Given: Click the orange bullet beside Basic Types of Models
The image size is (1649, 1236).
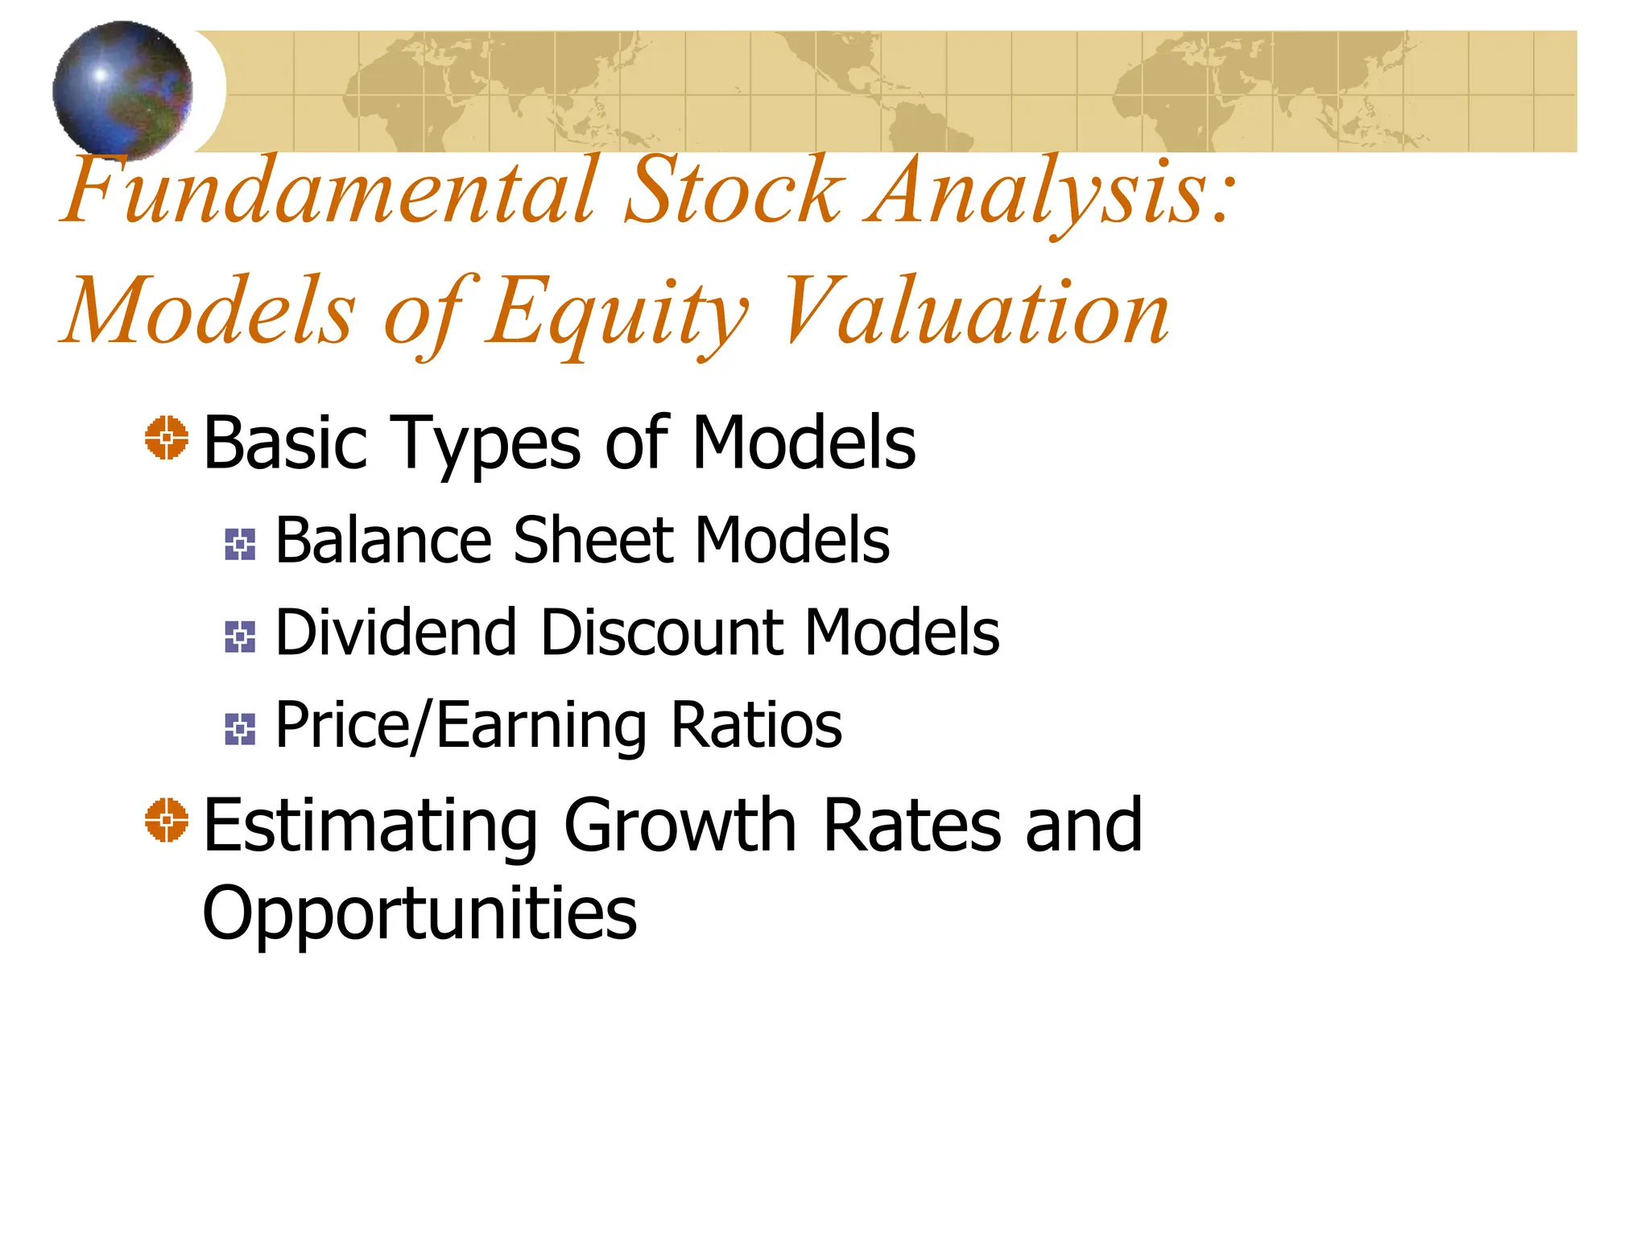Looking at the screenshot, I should pos(167,439).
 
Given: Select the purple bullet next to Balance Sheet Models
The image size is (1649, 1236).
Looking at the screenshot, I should pos(240,545).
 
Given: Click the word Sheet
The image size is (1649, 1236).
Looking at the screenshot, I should pos(593,541).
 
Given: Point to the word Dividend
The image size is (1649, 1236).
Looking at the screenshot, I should pos(395,632).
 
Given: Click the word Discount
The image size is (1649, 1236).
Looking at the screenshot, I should pos(661,632).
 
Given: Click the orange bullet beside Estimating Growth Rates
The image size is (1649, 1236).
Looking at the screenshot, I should pos(167,821).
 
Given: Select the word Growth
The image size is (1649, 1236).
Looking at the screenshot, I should pos(680,826).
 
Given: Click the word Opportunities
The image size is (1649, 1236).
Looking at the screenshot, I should pos(419,914).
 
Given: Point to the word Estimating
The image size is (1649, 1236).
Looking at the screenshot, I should pos(370,826).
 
